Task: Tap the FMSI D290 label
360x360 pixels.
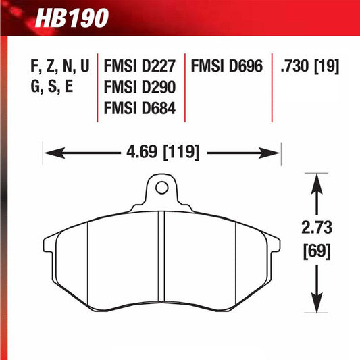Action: pos(140,87)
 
